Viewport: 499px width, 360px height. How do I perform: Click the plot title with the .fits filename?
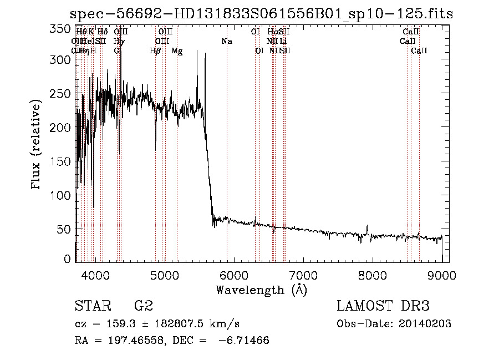tap(262, 14)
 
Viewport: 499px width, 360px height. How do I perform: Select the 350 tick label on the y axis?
tap(61, 29)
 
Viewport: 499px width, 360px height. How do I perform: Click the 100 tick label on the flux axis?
tap(61, 195)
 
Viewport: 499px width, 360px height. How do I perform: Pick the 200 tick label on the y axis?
tap(61, 128)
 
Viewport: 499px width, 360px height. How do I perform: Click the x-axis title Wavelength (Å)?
tap(261, 290)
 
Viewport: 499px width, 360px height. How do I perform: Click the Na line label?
tap(226, 42)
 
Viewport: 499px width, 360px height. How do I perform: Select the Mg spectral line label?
tap(177, 51)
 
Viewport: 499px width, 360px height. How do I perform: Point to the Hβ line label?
tap(155, 51)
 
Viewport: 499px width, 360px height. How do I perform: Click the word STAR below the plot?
tap(92, 306)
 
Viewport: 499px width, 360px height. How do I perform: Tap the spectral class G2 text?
tap(143, 306)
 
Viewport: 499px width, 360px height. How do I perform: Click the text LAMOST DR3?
tap(383, 306)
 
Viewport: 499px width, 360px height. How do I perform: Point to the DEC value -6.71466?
tap(245, 340)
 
